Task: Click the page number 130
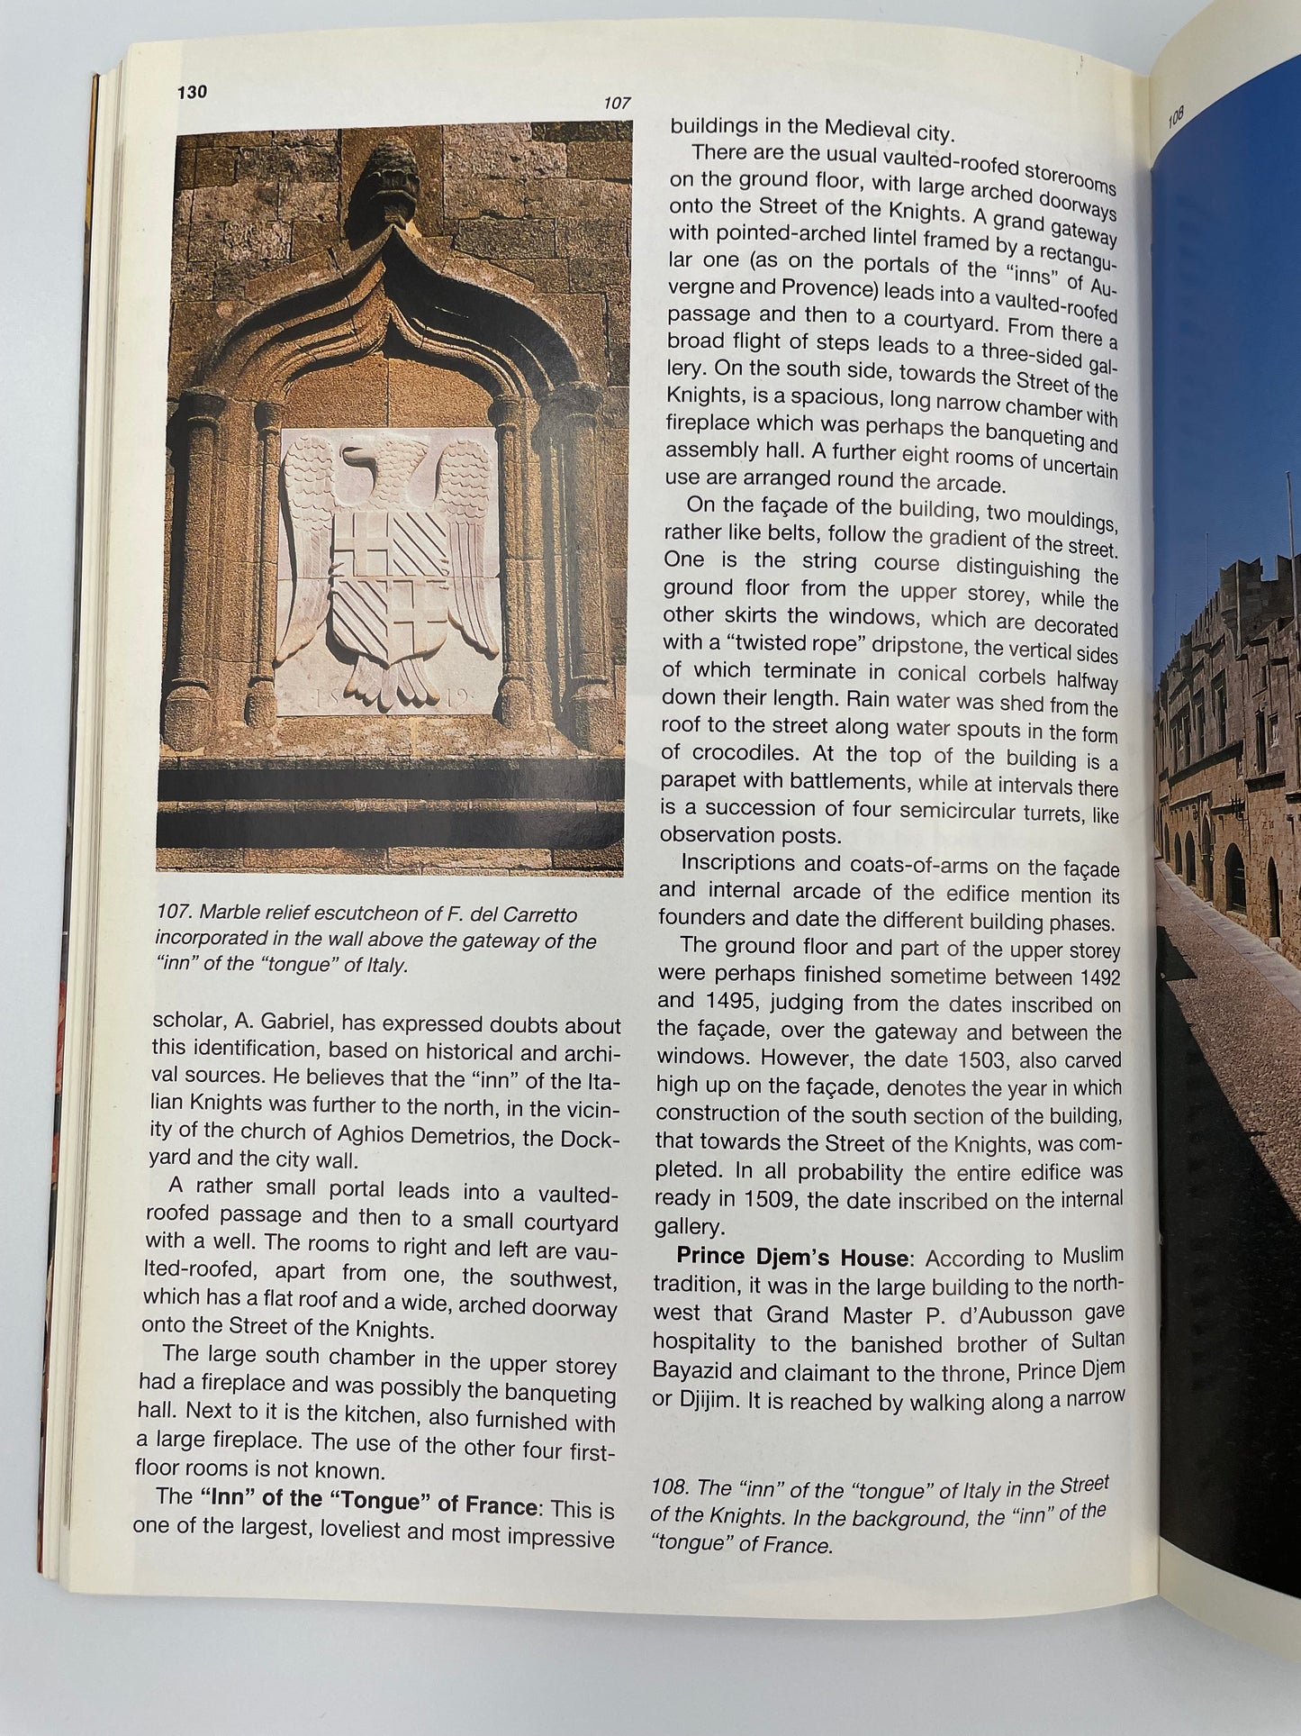pyautogui.click(x=192, y=92)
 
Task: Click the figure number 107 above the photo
pyautogui.click(x=617, y=103)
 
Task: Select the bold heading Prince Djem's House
pyautogui.click(x=792, y=1257)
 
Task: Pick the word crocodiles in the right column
pyautogui.click(x=745, y=752)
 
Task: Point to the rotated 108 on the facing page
pyautogui.click(x=1176, y=117)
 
